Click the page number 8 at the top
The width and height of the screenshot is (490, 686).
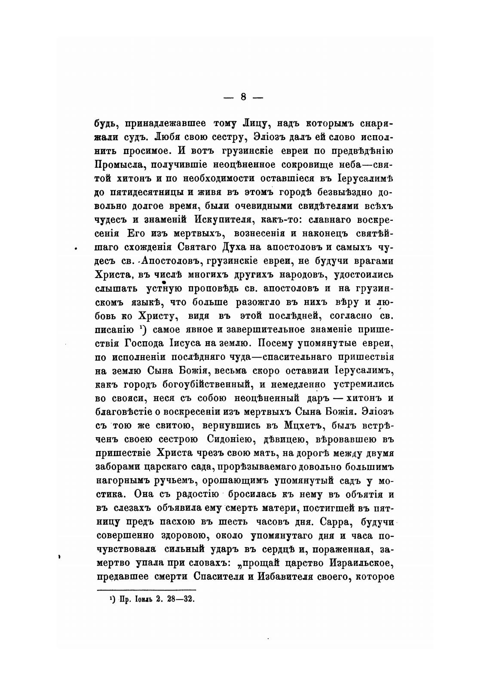[x=243, y=97]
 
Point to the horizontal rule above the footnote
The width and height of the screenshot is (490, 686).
[x=147, y=590]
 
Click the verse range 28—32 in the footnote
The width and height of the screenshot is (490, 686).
[x=182, y=599]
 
